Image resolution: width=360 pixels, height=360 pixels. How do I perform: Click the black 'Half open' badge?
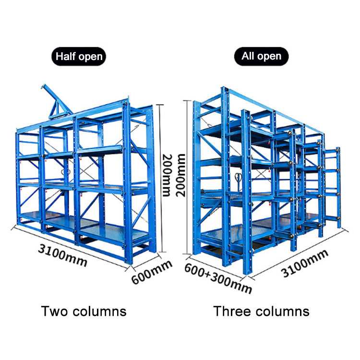tap(79, 57)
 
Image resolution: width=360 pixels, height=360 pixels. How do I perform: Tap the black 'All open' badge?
tap(261, 56)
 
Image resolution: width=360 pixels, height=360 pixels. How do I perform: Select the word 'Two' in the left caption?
tap(55, 312)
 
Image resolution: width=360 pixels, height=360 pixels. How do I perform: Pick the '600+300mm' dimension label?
tap(218, 278)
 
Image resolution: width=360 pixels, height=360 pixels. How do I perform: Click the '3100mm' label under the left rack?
tap(63, 255)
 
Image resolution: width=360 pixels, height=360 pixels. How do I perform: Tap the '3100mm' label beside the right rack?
tap(305, 263)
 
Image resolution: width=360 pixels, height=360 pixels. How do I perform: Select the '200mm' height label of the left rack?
tap(167, 175)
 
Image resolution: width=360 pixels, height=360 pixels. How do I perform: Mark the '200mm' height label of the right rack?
tap(180, 175)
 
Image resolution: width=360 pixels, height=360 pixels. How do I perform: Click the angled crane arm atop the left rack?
tap(56, 101)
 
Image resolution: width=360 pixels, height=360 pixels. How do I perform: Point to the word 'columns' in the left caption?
tap(99, 312)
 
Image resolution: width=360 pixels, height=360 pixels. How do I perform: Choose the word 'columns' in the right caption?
tap(282, 312)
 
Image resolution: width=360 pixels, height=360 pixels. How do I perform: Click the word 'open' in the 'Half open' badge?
tap(90, 57)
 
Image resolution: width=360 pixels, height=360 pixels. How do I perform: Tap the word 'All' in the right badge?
tap(248, 56)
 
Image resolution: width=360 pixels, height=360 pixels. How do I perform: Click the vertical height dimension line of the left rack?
tap(161, 178)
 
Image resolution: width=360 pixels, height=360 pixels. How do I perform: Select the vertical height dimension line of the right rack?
tap(189, 177)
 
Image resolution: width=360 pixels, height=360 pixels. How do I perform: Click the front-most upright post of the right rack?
tap(246, 192)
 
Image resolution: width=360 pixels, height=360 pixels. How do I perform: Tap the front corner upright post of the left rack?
tap(127, 183)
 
